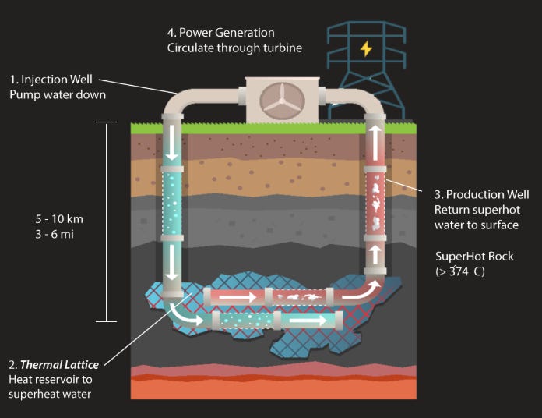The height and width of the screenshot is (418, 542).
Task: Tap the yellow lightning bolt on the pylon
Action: coord(366,48)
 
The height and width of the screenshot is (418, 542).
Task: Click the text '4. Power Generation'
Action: coord(220,33)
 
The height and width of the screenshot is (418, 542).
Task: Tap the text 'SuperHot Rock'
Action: coord(475,256)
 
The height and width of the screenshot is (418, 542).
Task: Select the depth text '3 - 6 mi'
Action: coord(55,232)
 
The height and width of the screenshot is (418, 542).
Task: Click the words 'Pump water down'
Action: coord(57,95)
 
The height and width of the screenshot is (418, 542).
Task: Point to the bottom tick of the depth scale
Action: coord(106,321)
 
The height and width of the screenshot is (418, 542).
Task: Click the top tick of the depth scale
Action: coord(106,122)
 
